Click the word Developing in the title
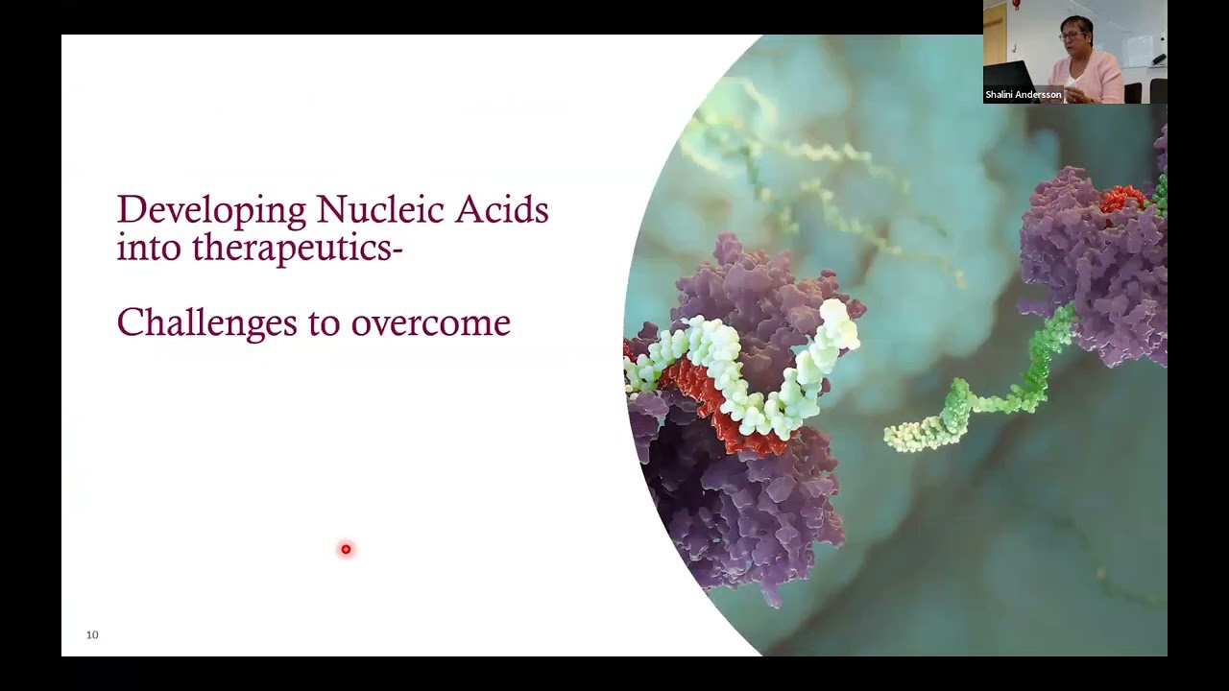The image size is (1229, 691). coord(211,210)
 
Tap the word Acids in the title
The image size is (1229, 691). coord(501,209)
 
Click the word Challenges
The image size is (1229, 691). coord(206,323)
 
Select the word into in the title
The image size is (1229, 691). coord(149,248)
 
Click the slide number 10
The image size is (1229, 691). coord(92,634)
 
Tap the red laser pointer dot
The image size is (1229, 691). coord(346,549)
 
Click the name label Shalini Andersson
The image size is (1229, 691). coord(1023,95)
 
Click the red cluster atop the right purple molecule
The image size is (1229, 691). coord(1121,199)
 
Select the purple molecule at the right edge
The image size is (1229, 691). coord(1095,269)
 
